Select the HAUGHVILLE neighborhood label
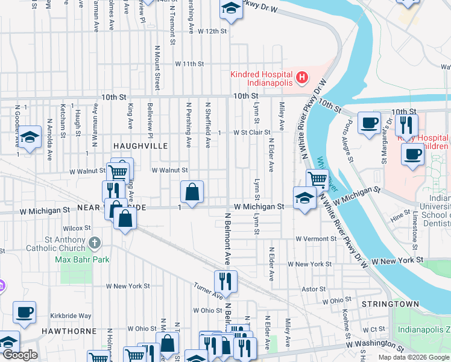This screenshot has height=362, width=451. coord(139,146)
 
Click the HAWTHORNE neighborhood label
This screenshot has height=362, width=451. coord(69,331)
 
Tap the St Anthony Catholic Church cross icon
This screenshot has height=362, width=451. coord(93,243)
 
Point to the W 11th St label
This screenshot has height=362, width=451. coord(190,63)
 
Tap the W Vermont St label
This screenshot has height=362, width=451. coord(314,238)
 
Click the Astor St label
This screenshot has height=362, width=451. coord(314,289)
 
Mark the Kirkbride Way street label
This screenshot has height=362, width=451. coord(71,316)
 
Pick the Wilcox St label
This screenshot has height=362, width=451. coord(77,228)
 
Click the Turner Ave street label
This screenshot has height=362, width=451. coord(208,291)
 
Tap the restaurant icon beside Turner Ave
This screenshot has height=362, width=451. coord(226,281)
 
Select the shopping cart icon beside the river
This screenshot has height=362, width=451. coord(317,179)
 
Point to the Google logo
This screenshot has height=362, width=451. coord(20,355)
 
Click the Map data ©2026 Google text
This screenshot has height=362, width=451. coord(413,357)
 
